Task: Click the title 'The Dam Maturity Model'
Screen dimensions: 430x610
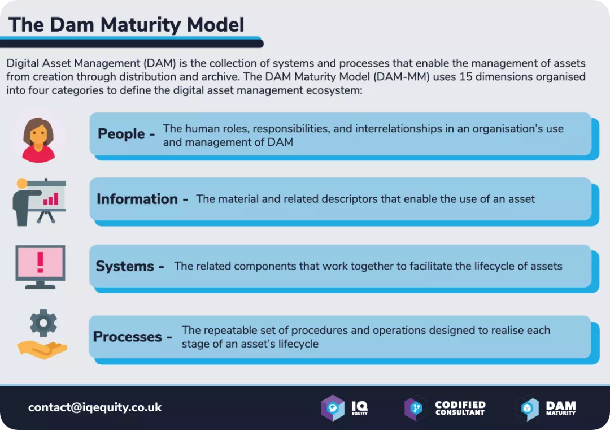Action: (x=126, y=24)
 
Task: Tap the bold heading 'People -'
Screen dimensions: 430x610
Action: (x=126, y=134)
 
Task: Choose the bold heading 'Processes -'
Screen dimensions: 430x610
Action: (x=132, y=337)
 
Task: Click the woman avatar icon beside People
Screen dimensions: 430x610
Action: (x=38, y=138)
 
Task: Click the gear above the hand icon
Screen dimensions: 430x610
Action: (x=43, y=323)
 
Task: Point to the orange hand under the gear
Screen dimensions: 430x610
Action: (x=42, y=348)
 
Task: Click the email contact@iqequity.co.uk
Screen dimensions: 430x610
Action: (x=95, y=407)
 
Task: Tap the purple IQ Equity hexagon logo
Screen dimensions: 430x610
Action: (x=333, y=408)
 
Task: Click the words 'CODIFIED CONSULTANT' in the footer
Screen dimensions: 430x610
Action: (x=460, y=408)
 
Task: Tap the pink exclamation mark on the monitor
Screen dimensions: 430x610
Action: (x=40, y=262)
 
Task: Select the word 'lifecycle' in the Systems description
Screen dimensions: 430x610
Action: (x=479, y=266)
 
